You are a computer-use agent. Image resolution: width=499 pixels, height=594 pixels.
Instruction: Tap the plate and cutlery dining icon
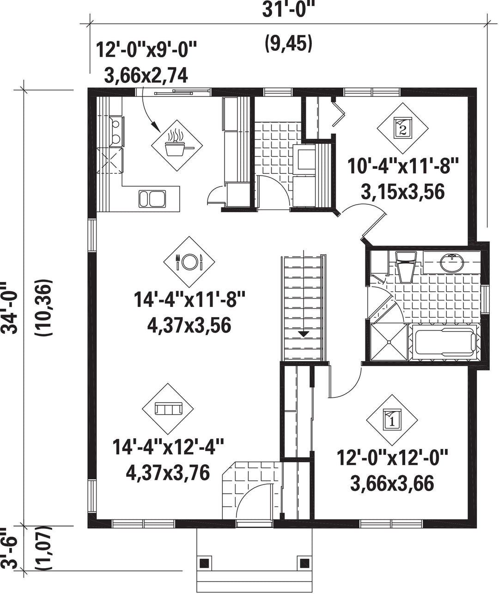(x=189, y=262)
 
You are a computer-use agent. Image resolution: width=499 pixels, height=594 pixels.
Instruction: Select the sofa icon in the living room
(x=168, y=409)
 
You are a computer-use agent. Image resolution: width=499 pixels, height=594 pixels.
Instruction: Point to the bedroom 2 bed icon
(x=402, y=129)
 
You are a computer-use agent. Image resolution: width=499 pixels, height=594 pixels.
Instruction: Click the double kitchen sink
(x=152, y=198)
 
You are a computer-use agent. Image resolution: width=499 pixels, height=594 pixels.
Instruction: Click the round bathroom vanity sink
(x=452, y=262)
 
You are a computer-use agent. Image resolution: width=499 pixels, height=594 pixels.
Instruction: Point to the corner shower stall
(x=389, y=343)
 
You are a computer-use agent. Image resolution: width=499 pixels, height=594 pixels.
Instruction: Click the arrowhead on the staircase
(x=304, y=334)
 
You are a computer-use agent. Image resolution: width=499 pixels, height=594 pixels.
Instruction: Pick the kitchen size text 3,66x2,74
(x=146, y=76)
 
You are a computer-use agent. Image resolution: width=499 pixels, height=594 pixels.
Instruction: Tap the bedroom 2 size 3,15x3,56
(x=402, y=192)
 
